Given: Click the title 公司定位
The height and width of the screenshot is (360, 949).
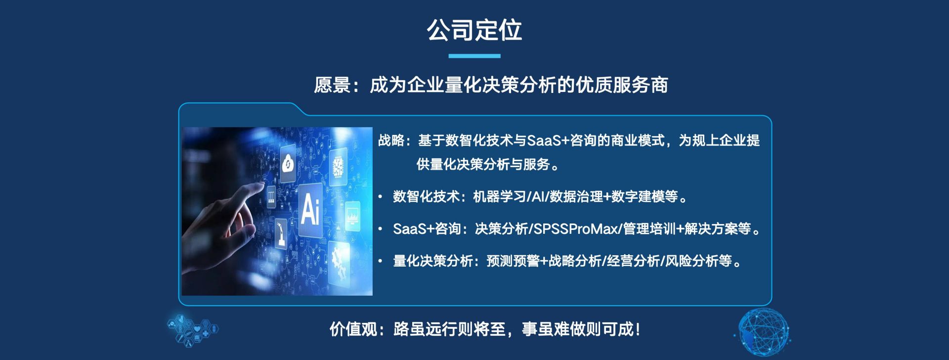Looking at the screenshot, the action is point(474,30).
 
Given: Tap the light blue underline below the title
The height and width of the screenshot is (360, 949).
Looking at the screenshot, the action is point(474,56).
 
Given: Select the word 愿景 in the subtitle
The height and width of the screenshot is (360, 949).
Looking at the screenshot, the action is point(332,85).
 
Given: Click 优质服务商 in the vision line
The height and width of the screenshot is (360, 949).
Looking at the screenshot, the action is point(622,85).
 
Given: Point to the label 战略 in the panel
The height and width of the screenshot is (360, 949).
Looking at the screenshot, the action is point(391,140).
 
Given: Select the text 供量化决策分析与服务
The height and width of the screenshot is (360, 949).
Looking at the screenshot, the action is point(483,164).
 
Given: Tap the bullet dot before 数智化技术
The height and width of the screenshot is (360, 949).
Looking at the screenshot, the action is point(380,197).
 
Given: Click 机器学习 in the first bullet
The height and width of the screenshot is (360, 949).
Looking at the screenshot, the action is point(500,197).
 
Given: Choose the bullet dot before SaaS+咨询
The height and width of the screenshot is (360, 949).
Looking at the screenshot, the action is point(380,229).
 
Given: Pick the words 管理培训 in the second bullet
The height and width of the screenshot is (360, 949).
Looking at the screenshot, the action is point(649,229).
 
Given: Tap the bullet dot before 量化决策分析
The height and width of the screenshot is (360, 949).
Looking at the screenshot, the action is point(380,261).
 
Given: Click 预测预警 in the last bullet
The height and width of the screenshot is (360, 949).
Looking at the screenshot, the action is point(513,261).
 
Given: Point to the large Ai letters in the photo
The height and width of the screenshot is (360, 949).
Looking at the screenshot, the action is point(310,209).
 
